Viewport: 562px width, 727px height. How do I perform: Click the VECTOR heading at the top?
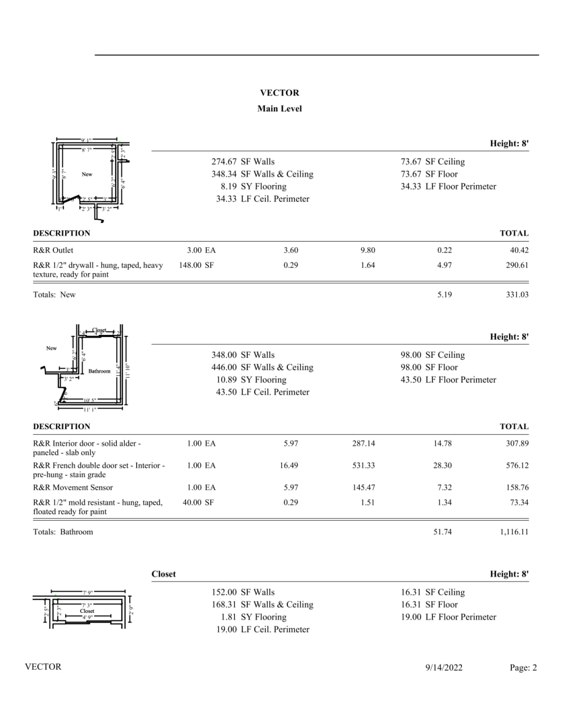coord(279,93)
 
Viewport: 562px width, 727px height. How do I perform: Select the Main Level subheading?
coord(279,108)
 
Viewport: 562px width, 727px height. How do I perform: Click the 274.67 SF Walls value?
coord(243,162)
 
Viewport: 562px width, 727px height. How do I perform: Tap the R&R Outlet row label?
coord(53,251)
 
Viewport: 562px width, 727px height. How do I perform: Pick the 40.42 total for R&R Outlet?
coord(519,251)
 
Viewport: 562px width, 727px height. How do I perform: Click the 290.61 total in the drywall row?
coord(517,265)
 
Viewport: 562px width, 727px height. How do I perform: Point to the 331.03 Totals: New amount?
coord(517,294)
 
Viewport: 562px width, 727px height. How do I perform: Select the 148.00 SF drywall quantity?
coord(196,265)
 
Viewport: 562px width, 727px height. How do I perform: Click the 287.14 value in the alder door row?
coord(364,443)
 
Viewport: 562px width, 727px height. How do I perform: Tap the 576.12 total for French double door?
coord(517,466)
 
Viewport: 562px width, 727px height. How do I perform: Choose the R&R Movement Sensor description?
coord(73,488)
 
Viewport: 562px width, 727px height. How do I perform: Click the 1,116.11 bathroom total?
coord(514,532)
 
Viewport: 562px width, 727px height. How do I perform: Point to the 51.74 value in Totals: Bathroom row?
coord(442,532)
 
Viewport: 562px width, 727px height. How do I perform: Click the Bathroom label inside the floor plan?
coord(99,371)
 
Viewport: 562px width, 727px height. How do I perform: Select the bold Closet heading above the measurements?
coord(164,574)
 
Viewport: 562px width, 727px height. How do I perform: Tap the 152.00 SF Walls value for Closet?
coord(243,592)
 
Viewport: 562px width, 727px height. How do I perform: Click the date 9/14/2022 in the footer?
coord(444,667)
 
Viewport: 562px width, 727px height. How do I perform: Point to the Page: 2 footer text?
coord(523,667)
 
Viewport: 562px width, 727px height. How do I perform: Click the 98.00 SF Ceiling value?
coord(433,355)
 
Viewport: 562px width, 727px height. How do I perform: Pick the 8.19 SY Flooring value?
coord(253,187)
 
